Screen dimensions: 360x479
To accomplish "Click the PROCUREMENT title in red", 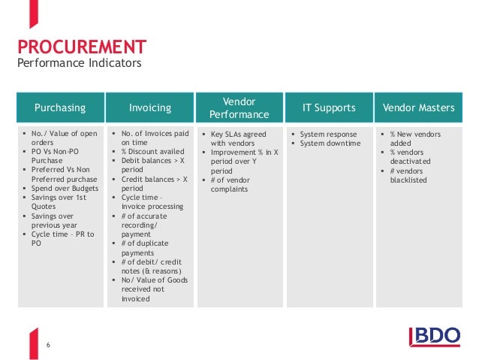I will pos(82,47).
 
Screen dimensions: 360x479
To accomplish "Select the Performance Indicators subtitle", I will pos(79,63).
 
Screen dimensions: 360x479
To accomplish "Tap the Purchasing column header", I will pos(60,108).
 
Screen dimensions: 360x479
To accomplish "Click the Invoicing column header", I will pos(150,108).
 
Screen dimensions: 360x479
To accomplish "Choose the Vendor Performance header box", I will pos(239,108).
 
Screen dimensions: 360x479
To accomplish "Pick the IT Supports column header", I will pos(329,108).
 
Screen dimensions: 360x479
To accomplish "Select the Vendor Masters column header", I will pos(418,108).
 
